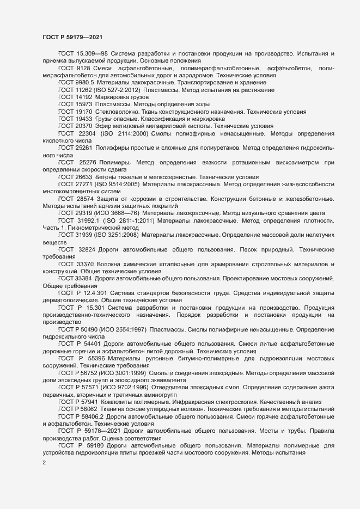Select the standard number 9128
click(83, 68)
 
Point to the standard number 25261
click(84, 148)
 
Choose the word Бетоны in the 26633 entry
click(108, 177)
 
